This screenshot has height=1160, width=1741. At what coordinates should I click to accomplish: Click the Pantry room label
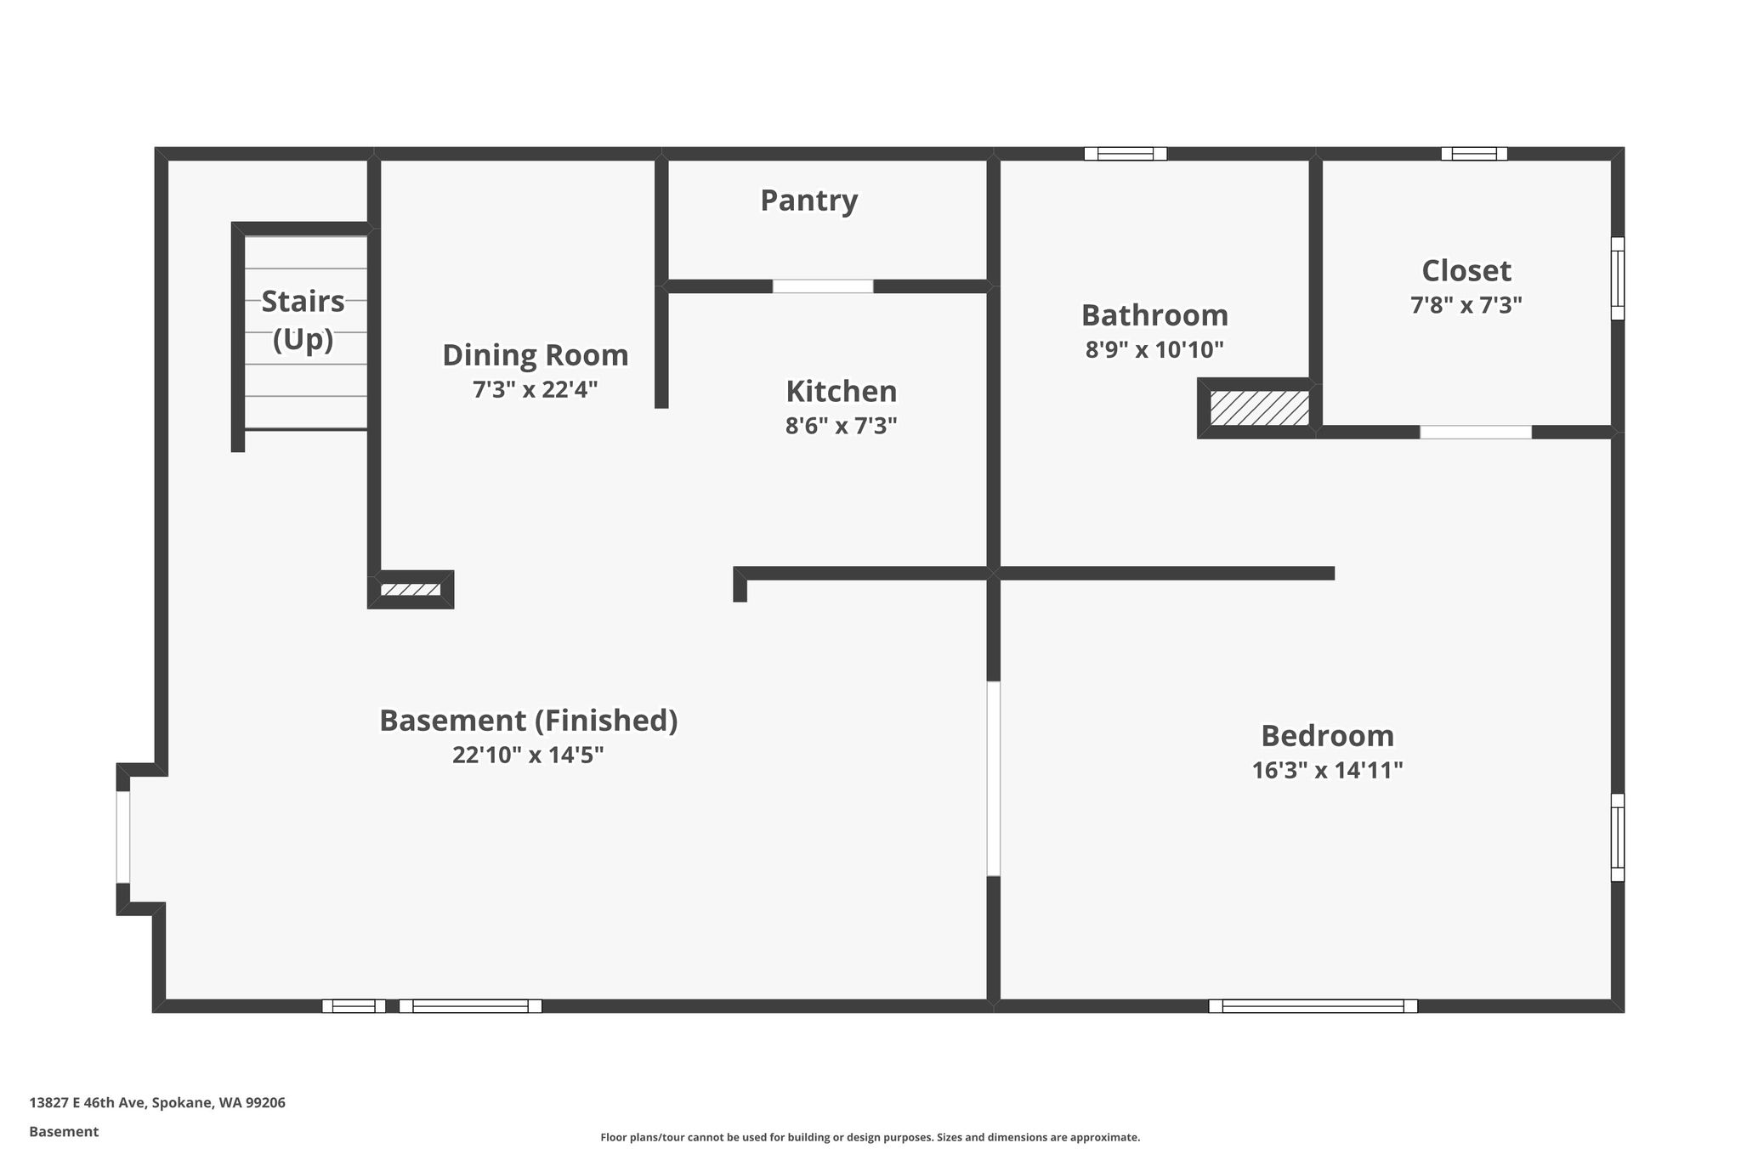click(808, 201)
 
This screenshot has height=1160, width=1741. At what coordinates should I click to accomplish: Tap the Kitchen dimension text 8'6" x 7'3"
click(841, 426)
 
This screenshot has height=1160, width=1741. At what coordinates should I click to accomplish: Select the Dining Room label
click(536, 355)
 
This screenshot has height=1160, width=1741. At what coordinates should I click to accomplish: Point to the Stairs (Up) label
click(303, 320)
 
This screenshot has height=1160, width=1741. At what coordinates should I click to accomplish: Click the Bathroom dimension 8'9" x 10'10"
click(1154, 349)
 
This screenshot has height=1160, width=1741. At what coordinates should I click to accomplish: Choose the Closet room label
click(1466, 271)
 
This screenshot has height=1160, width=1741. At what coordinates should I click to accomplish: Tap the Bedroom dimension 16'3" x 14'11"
click(1327, 770)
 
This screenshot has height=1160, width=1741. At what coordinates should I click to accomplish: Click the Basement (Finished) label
click(528, 721)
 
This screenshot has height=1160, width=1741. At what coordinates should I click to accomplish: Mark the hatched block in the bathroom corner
click(1259, 408)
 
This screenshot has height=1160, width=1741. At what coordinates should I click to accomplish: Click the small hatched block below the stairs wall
click(410, 589)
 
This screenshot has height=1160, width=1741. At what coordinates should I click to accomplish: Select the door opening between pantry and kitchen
click(822, 286)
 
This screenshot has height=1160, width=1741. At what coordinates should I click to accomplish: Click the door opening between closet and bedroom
click(1476, 432)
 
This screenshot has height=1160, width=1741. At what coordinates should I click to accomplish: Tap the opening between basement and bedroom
click(993, 778)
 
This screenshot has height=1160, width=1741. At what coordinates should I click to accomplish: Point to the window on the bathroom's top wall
click(1126, 154)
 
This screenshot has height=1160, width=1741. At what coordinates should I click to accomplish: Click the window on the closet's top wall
click(1474, 154)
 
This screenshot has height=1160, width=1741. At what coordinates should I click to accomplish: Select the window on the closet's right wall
click(1618, 278)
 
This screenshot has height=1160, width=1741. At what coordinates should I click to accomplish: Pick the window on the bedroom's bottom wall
click(1313, 1006)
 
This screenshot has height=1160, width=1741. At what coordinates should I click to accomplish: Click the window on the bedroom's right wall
click(1618, 837)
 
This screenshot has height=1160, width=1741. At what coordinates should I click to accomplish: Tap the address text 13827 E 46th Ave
click(88, 1103)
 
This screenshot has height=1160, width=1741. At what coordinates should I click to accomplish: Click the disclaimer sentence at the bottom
click(870, 1137)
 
